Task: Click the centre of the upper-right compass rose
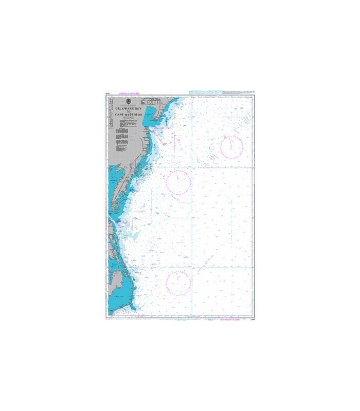pos(231,147)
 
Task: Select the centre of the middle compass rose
pos(178,181)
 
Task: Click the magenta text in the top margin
pos(131,94)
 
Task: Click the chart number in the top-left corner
pos(107,94)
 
